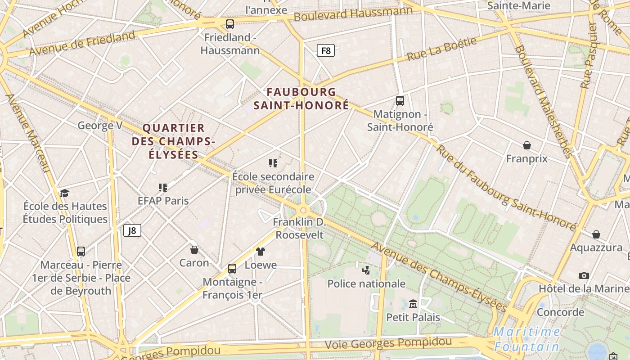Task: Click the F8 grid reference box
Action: [326, 50]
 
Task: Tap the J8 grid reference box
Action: [132, 231]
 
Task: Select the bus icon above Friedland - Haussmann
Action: [230, 24]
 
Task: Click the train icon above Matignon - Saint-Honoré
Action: [400, 101]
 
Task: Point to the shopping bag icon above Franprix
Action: [526, 145]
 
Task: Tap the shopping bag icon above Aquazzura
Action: [596, 234]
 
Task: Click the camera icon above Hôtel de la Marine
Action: [584, 275]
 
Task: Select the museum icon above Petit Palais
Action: [413, 304]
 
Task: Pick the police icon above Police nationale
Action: [366, 270]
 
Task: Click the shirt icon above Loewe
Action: [261, 251]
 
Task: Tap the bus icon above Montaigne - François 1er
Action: [232, 269]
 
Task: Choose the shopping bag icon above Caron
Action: [194, 249]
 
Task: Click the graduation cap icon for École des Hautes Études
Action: [65, 193]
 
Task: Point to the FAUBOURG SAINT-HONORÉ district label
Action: [301, 99]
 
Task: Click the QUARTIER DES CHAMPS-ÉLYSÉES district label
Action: [173, 141]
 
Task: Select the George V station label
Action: [99, 125]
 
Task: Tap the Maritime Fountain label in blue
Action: [526, 339]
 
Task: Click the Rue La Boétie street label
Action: [441, 49]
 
